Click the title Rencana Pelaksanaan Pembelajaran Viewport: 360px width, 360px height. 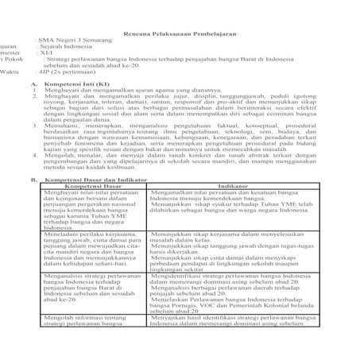[x=180, y=36]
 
